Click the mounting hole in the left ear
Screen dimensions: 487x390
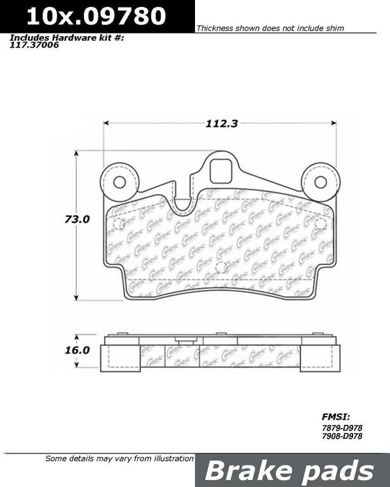(x=119, y=182)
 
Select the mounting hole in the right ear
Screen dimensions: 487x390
(x=321, y=182)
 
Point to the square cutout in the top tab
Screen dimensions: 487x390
(x=220, y=172)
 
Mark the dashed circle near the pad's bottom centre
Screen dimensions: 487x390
(x=221, y=268)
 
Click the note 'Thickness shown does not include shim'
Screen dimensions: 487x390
(x=270, y=29)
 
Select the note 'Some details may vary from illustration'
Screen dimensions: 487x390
(x=119, y=458)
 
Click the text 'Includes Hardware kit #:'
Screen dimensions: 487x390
(x=67, y=37)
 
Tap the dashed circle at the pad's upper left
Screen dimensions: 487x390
(x=118, y=223)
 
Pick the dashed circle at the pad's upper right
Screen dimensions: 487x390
(x=320, y=223)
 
